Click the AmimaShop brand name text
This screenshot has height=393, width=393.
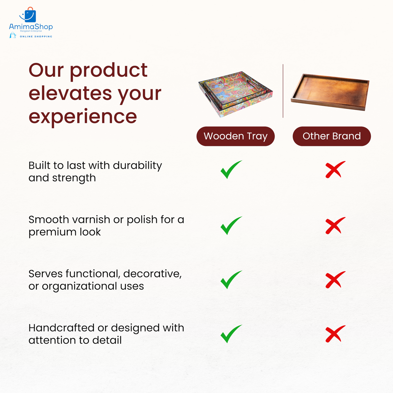tap(31, 27)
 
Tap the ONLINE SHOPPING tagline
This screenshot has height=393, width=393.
tap(36, 36)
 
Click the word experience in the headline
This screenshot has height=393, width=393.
tap(83, 117)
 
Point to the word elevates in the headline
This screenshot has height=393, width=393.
tap(70, 93)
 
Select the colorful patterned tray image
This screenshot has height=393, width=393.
tap(235, 94)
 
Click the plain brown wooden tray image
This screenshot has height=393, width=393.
tap(330, 92)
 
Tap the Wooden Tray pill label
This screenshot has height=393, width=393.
tap(236, 136)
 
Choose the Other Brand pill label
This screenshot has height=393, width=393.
tap(332, 136)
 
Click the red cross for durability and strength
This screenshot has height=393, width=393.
tap(335, 170)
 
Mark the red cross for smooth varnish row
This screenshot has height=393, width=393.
tap(335, 226)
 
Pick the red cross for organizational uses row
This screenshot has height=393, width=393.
tap(335, 280)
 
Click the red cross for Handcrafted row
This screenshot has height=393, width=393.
tap(335, 334)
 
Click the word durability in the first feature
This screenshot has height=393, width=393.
tap(137, 166)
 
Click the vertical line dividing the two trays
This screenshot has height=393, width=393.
tap(283, 91)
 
